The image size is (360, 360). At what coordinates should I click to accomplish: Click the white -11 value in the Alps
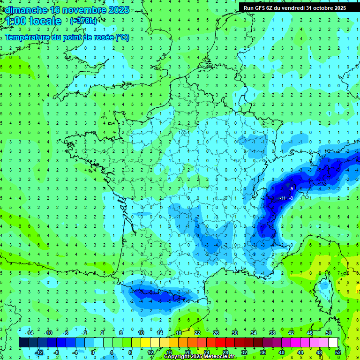tap(283, 198)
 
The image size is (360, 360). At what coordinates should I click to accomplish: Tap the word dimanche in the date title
tap(23, 9)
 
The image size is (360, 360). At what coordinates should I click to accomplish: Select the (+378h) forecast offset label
tap(83, 21)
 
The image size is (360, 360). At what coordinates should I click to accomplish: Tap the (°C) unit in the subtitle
tap(122, 37)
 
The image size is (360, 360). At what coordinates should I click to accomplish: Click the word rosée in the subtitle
tap(100, 37)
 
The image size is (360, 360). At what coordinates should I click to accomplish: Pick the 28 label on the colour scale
tap(225, 352)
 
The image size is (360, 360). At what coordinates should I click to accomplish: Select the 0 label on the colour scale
tap(93, 352)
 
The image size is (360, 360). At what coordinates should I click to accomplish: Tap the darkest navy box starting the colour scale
tap(23, 343)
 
